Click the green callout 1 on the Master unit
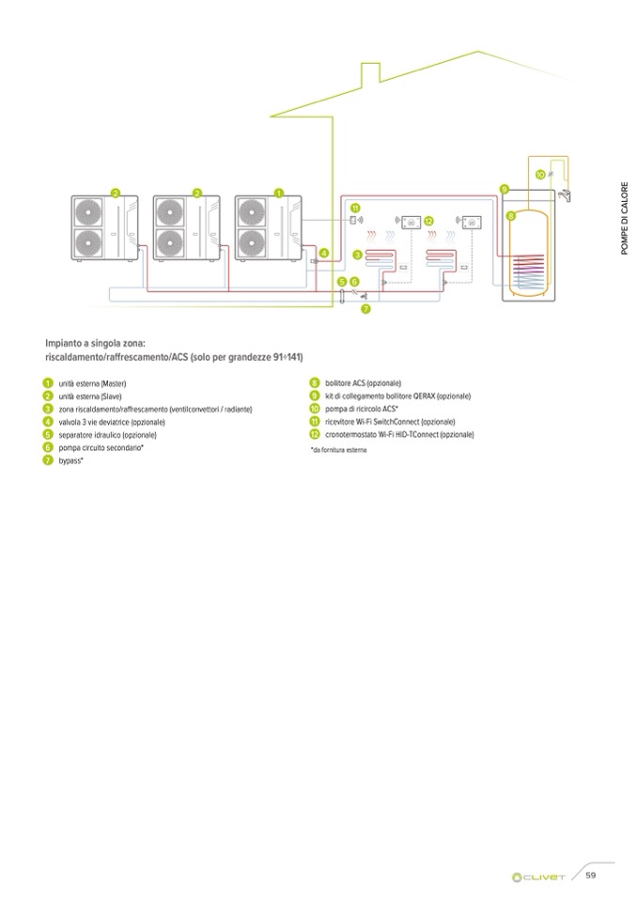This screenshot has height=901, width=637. (x=279, y=193)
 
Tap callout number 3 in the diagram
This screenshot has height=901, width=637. (x=358, y=255)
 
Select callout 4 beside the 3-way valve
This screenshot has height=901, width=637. (x=324, y=253)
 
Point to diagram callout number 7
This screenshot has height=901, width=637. (x=365, y=308)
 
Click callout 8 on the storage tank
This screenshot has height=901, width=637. (x=511, y=215)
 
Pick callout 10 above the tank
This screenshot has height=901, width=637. (x=539, y=175)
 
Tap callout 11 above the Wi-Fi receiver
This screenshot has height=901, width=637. (x=355, y=207)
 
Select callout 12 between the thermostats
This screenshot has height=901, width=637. (x=428, y=220)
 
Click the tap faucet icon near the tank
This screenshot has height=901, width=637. (x=567, y=196)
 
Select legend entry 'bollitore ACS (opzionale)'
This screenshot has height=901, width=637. (x=363, y=383)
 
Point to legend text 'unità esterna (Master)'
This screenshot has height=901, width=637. (x=92, y=383)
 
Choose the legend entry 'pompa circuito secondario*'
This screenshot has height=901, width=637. (x=101, y=448)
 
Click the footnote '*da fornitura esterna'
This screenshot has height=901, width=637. (x=337, y=451)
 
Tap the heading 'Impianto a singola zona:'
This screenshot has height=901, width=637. (x=94, y=344)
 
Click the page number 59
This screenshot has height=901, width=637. (x=592, y=876)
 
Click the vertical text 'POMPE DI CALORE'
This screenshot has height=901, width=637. (x=623, y=216)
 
